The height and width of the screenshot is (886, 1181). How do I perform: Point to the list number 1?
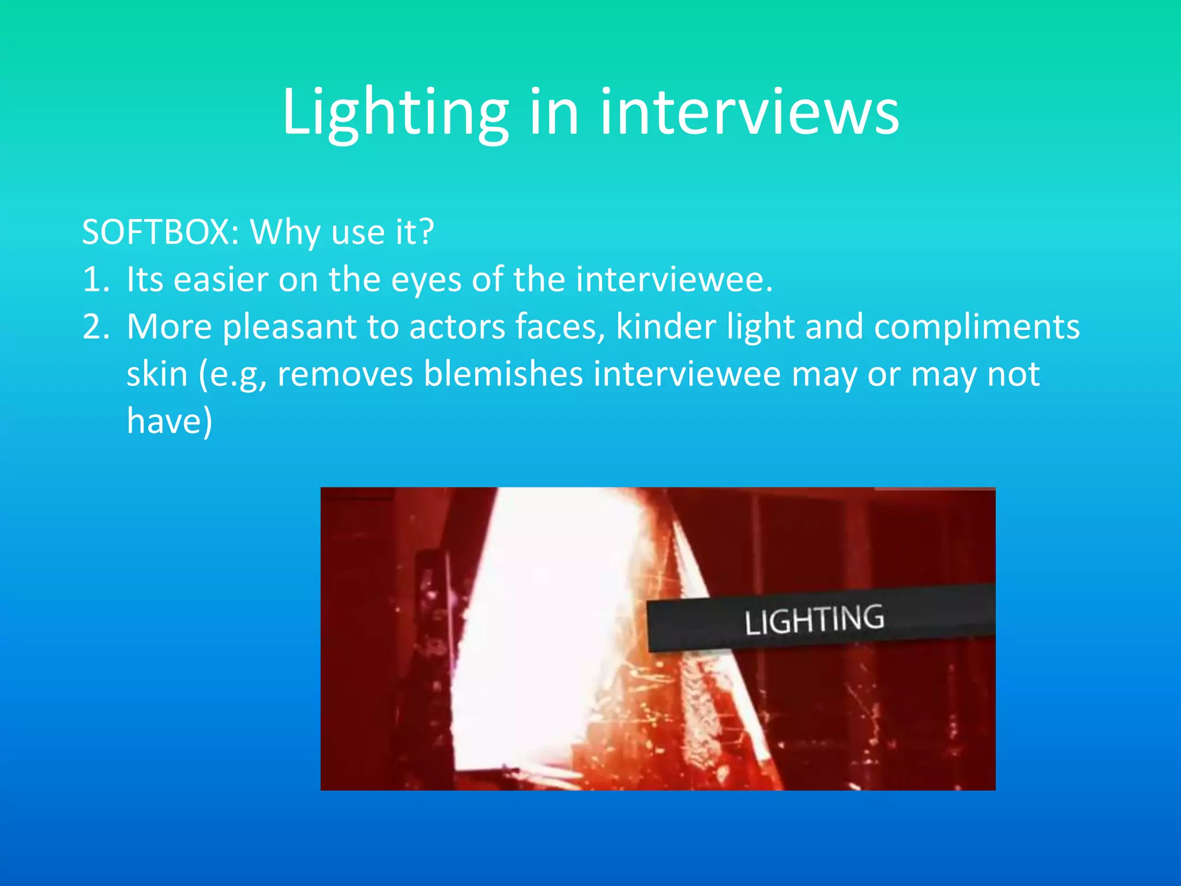(x=95, y=280)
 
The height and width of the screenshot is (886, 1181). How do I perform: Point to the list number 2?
(x=95, y=327)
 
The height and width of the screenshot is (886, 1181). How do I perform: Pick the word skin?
(x=157, y=374)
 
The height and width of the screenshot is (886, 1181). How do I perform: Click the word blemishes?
(x=503, y=374)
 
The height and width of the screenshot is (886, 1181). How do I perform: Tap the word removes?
(x=345, y=374)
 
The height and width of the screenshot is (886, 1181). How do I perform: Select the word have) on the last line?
(x=170, y=422)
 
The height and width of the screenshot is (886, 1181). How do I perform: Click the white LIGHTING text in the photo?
(x=814, y=620)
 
